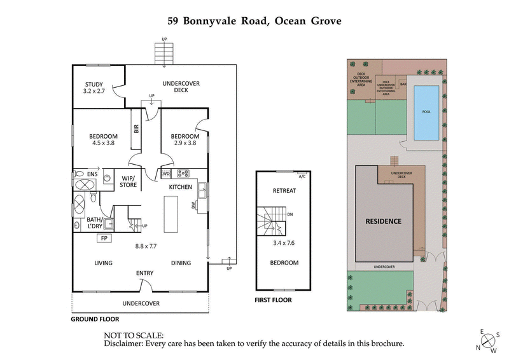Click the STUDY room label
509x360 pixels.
coord(94,85)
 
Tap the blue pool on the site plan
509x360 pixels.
coord(426,113)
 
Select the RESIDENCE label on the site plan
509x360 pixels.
coord(383,221)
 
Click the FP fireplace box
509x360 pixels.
coord(102,239)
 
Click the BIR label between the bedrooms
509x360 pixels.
coord(136,128)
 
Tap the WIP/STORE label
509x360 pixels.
coord(129,182)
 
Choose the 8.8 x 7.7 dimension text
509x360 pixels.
coord(146,246)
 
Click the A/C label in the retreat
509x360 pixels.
coord(302,176)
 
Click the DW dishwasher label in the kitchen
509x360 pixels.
coord(193,205)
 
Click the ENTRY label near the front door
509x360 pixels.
coord(144,273)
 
